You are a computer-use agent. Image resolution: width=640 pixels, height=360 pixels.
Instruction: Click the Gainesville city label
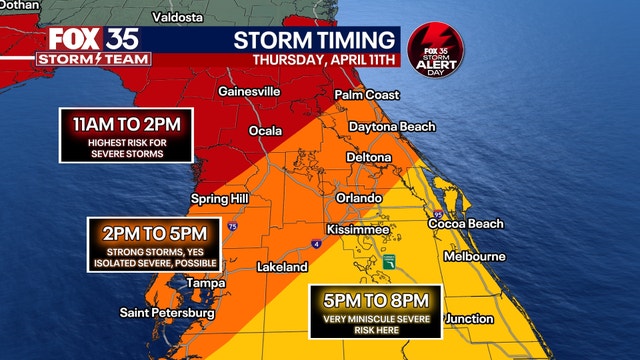251,91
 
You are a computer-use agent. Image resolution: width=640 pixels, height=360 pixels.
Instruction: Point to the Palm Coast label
367,94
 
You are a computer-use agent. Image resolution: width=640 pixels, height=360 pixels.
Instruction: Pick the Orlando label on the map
359,198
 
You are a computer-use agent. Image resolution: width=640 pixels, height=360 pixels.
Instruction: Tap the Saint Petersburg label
167,314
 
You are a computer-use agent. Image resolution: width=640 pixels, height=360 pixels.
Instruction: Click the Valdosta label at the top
177,17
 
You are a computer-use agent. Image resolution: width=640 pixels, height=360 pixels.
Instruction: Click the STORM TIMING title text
313,41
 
